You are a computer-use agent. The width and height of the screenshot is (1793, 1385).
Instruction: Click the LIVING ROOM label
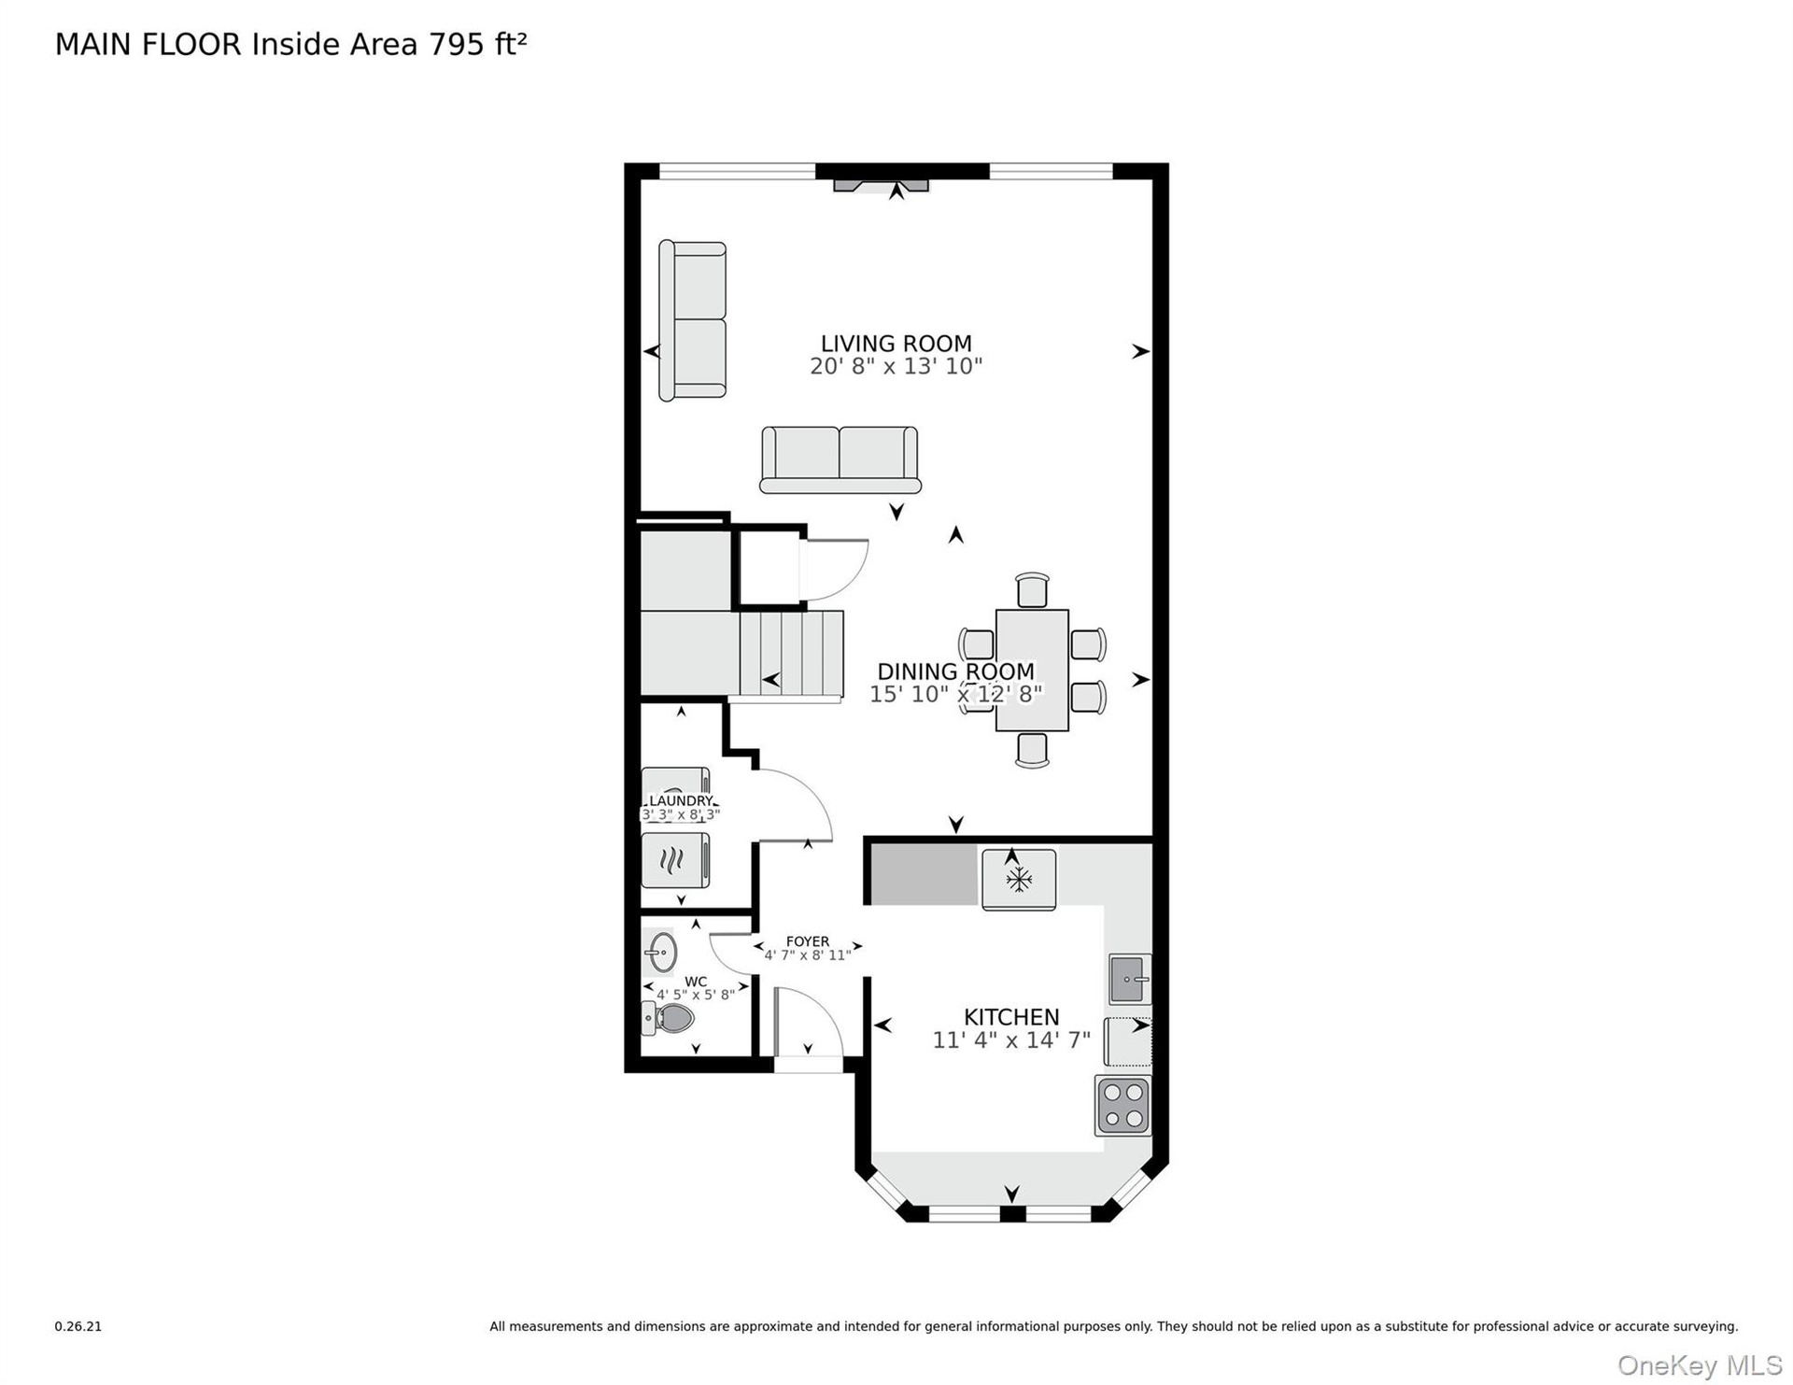[896, 344]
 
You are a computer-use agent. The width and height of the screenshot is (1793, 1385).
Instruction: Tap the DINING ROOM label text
[955, 671]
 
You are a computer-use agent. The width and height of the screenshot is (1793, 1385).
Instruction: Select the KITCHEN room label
[1011, 1017]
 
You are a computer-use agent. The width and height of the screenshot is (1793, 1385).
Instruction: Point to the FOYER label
[807, 941]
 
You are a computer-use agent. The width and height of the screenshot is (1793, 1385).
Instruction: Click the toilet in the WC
[668, 1017]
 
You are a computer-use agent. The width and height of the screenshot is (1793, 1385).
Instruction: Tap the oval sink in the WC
[661, 952]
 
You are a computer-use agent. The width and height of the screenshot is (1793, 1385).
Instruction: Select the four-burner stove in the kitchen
[1122, 1106]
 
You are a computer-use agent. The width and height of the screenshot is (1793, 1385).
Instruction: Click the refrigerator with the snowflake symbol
[1019, 879]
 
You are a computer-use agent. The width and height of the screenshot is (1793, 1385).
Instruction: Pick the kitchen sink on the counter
[1130, 979]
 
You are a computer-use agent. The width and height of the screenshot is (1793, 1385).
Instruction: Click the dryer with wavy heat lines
[675, 860]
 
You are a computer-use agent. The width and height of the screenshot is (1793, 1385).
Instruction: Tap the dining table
[1032, 670]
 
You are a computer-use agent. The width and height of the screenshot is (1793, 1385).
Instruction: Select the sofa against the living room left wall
[692, 320]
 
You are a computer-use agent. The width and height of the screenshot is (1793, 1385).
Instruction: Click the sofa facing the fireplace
[840, 459]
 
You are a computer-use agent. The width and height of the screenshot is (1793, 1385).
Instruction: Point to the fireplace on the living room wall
[881, 185]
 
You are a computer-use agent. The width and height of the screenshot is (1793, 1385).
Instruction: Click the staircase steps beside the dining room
[792, 654]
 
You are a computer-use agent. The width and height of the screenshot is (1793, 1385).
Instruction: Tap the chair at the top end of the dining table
[1032, 591]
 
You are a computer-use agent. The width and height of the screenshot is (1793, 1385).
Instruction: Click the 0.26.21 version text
[78, 1326]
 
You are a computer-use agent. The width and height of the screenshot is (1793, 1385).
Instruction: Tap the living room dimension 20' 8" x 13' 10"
[896, 366]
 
